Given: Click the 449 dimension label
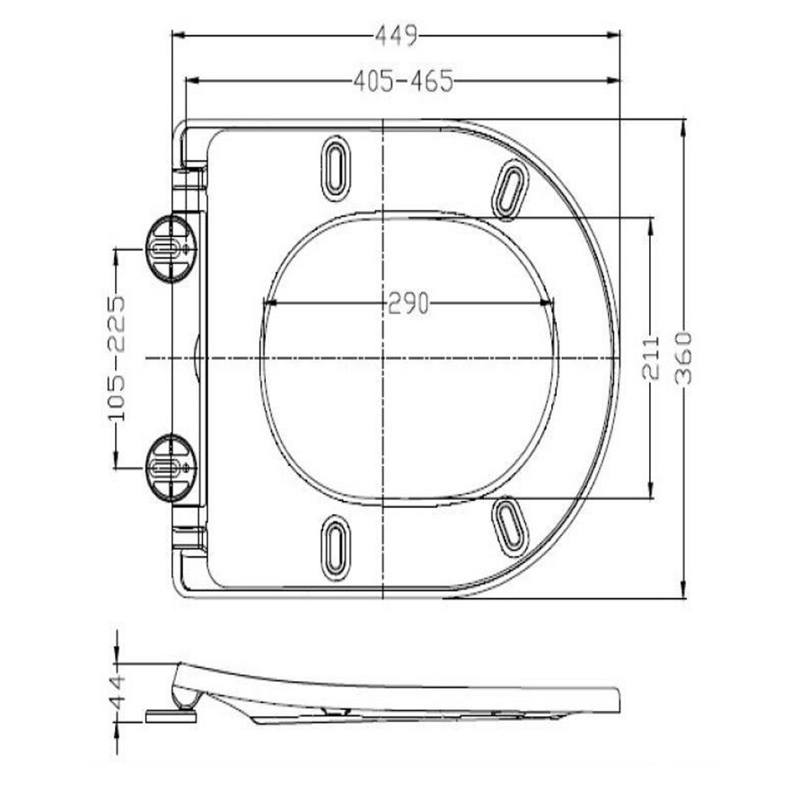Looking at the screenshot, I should coord(396,37).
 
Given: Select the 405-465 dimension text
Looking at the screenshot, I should coord(402,82).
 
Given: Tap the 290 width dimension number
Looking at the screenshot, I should coord(408,303).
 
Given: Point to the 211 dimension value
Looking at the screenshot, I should coord(653,356).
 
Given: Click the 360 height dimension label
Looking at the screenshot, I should coord(684,356).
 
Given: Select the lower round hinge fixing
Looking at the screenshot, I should coord(168,467).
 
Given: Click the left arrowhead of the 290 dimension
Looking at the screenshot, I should coord(266,303).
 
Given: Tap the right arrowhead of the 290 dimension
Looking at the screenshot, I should coord(549,303).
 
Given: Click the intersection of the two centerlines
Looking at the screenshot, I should coord(384,357).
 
